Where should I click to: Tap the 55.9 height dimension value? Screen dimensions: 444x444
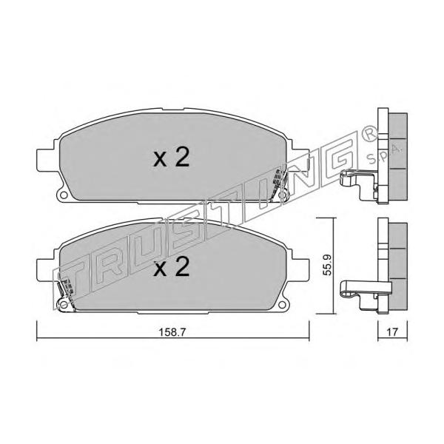pos(327,264)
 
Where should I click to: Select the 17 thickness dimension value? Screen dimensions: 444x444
pos(392,332)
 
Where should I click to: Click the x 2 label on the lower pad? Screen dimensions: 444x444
pos(172,266)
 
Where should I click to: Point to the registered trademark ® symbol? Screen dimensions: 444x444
pos(369,132)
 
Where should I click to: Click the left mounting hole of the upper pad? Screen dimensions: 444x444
pos(64,195)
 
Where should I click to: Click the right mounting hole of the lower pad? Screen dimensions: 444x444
pos(281,305)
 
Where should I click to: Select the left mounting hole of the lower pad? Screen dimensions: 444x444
pos(64,305)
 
